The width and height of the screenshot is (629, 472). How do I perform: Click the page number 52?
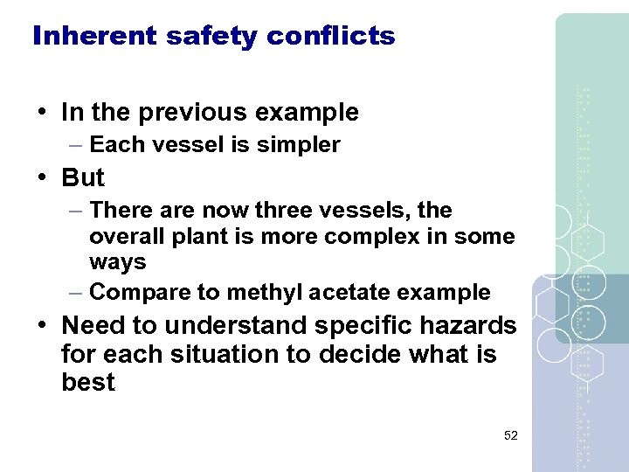(510, 434)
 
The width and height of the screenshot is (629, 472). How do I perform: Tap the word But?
(83, 177)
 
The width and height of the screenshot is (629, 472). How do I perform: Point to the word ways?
(117, 262)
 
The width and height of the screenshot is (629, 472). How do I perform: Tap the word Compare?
(136, 292)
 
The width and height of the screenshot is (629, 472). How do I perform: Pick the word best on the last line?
(88, 383)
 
